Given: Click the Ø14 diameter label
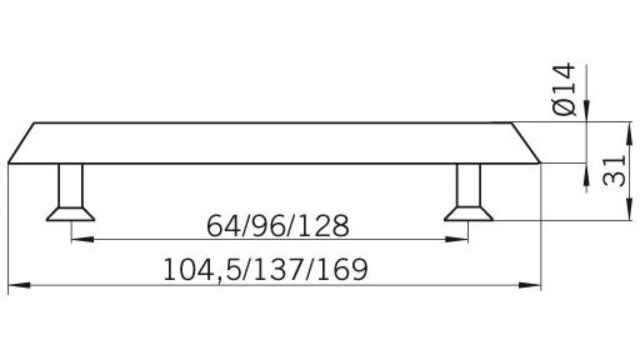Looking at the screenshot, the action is coord(564,89).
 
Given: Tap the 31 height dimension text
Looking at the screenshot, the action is coord(614,171).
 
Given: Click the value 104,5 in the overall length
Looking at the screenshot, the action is coord(200,269).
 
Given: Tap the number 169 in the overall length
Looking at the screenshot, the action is coord(342,269).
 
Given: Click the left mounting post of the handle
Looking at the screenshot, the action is coord(71,185).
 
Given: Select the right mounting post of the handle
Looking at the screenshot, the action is coord(469,185).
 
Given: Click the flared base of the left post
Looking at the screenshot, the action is coord(71,214).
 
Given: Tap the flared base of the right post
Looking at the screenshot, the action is coord(469,214).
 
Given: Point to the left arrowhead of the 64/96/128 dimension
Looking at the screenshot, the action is coord(82,239).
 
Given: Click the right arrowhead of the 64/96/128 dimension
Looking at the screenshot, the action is coord(457,239).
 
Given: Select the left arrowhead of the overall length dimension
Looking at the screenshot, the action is coord(19,285).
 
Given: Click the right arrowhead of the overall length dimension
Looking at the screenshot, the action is coord(529,285).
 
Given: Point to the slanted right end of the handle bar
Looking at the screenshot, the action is coord(526,143).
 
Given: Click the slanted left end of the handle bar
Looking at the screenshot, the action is coord(21,143).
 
